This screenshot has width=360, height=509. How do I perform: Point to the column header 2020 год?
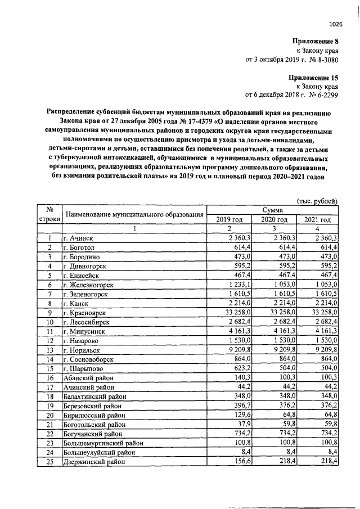273,219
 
